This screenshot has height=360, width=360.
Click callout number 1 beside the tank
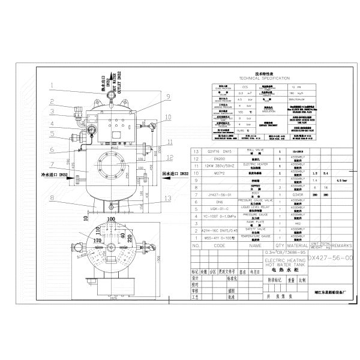pos(52,85)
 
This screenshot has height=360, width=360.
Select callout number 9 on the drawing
pos(169,96)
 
